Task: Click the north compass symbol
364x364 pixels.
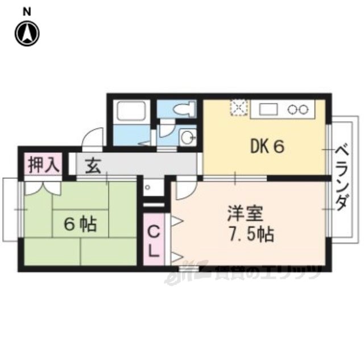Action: click(x=27, y=34)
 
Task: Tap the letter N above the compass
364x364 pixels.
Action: click(x=26, y=12)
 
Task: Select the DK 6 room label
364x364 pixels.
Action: click(x=267, y=147)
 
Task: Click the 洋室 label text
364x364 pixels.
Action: click(x=245, y=214)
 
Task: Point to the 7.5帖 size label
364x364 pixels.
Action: click(x=249, y=234)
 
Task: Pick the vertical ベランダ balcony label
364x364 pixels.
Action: click(x=342, y=177)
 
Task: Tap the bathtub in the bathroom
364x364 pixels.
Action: click(x=131, y=111)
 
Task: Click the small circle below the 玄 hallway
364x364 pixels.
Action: click(x=147, y=187)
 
